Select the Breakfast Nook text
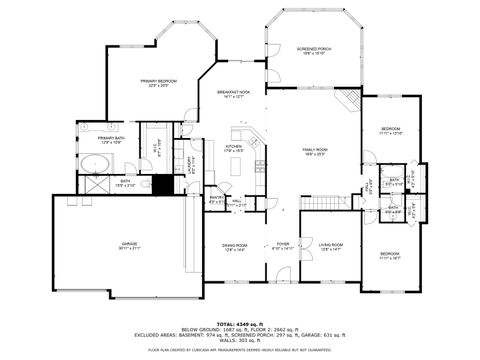point(232,94)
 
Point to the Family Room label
point(316,150)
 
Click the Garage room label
point(129,245)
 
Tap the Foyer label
point(283,245)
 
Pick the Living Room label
point(331,245)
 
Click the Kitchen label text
point(234,148)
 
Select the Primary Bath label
point(111,139)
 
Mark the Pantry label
point(215,198)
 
